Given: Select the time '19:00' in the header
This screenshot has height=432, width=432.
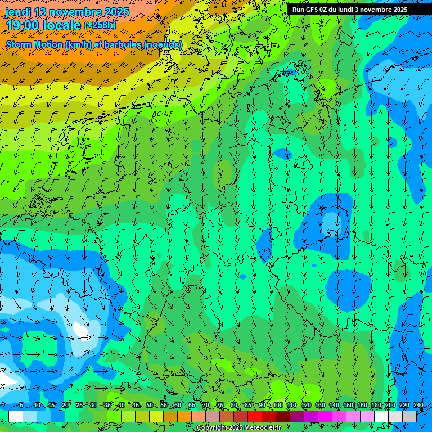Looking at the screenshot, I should pyautogui.click(x=23, y=25).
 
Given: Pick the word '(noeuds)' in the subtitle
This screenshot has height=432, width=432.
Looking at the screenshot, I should pyautogui.click(x=163, y=44).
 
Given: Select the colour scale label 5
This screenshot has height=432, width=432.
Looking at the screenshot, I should pyautogui.click(x=21, y=405).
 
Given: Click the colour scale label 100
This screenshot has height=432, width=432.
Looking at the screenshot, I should pyautogui.click(x=277, y=405).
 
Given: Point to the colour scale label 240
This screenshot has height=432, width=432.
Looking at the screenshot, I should pyautogui.click(x=418, y=405).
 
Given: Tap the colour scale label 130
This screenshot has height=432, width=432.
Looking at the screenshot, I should pyautogui.click(x=319, y=405).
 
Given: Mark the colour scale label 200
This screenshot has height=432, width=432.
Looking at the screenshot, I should pyautogui.click(x=390, y=405).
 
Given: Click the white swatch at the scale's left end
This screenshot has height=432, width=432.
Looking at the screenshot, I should pyautogui.click(x=16, y=416).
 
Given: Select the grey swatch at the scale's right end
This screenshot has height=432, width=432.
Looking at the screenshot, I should pyautogui.click(x=409, y=416).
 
